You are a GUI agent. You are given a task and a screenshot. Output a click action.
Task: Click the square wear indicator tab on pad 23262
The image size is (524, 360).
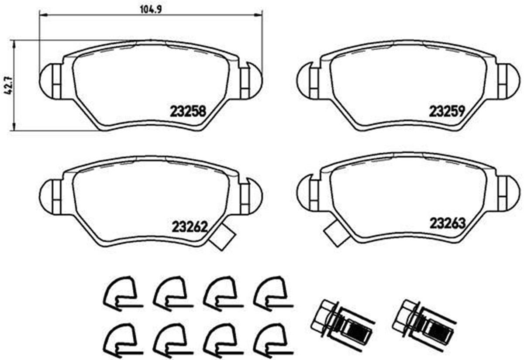[x=222, y=239]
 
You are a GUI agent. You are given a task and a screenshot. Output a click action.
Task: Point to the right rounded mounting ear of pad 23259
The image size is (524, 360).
[x=508, y=80]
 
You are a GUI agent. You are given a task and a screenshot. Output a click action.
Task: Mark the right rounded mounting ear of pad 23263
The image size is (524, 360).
[x=508, y=191]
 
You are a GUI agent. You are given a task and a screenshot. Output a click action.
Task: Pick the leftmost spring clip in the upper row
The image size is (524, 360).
[x=120, y=292]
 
